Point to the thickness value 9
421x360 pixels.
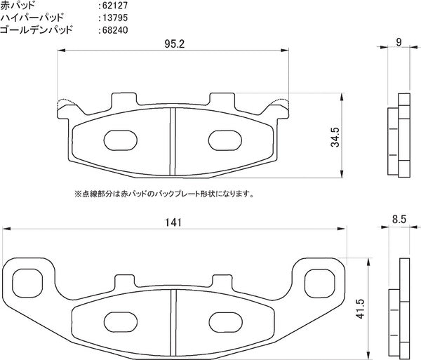(x=398, y=43)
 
